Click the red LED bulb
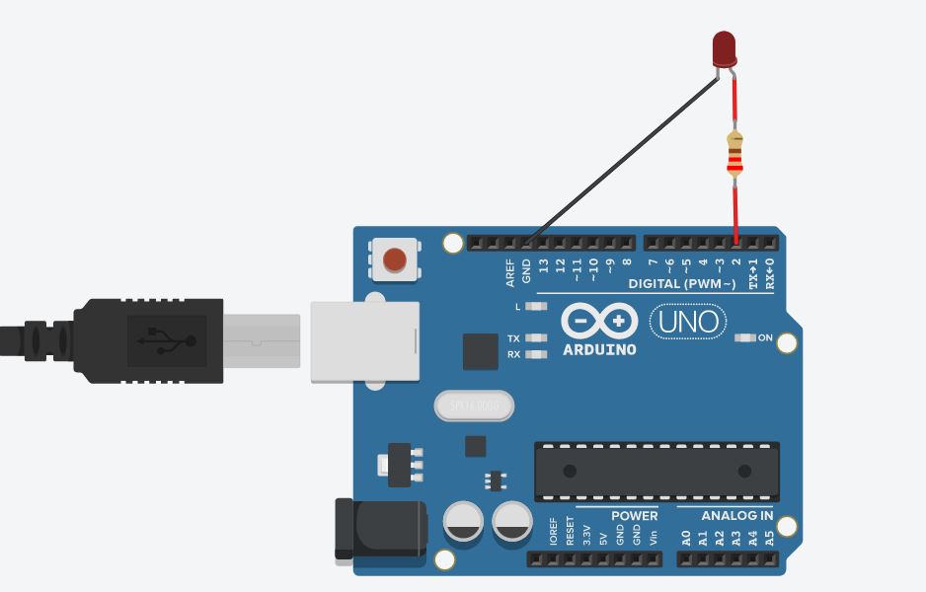tap(724, 47)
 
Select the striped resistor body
tap(733, 153)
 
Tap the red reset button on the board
tap(394, 259)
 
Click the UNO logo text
tap(688, 322)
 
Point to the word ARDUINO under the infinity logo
tap(599, 349)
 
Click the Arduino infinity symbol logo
tap(599, 321)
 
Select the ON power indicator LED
tap(745, 337)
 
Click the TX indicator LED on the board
tap(536, 337)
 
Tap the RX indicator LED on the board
tap(536, 353)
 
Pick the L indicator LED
tap(536, 307)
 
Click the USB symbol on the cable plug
tap(166, 341)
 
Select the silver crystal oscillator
tap(474, 406)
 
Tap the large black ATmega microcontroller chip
tap(656, 472)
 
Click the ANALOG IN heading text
tap(737, 516)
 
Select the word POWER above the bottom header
tap(634, 516)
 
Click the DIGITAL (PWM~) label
tap(682, 284)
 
